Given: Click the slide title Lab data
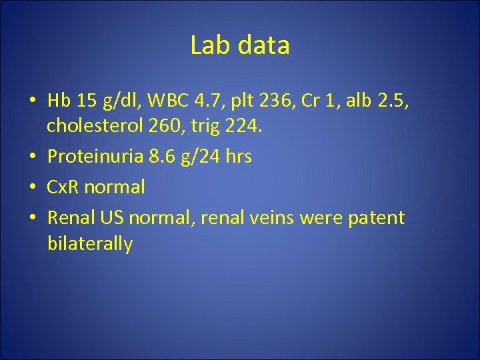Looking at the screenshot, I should (239, 45).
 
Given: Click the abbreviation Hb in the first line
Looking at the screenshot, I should (59, 101).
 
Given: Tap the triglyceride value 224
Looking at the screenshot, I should (246, 126).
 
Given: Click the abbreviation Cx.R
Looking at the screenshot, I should (65, 187).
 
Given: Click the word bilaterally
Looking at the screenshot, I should (90, 243).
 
